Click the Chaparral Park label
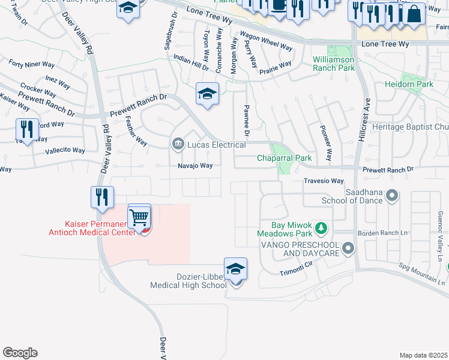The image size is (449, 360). coord(285,158)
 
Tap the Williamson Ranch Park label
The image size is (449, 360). coord(333,64)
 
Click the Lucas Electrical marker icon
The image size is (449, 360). coord(178,143)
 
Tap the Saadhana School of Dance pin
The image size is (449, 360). coord(392,195)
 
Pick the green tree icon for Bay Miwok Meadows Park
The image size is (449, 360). coord(322,227)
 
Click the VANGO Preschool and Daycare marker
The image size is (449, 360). coord(346,248)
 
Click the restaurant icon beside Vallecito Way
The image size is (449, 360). coord(27,128)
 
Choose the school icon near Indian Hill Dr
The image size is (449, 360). coord(207,93)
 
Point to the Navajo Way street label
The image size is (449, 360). coord(194,166)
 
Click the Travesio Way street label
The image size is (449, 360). coord(324,181)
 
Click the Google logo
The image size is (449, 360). coord(20,353)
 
